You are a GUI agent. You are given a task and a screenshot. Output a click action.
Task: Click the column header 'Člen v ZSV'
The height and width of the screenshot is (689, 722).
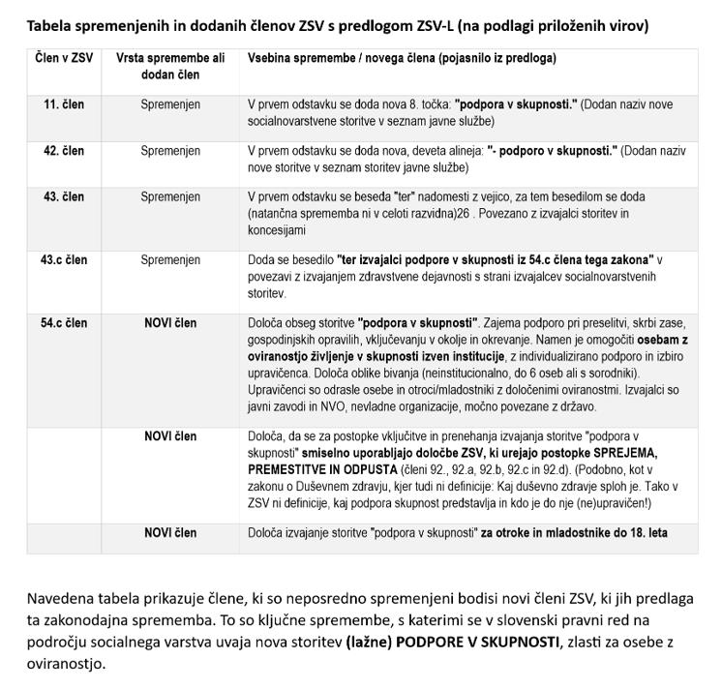[64, 58]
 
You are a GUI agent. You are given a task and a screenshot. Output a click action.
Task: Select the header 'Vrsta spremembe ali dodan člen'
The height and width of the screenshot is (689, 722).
[170, 66]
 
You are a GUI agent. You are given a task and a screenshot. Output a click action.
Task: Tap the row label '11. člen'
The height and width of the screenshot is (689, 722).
[64, 103]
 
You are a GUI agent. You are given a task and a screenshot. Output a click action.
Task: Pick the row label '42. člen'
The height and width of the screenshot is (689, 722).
[64, 151]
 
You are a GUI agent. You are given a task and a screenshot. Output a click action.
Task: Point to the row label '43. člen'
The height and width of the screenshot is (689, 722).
[64, 197]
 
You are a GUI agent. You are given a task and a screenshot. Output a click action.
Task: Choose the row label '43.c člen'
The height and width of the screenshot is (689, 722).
[64, 260]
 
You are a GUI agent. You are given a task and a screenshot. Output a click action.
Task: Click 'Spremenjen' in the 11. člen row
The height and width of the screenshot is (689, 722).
[170, 103]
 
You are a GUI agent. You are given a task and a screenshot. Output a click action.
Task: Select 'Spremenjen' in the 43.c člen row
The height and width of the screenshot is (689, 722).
[170, 260]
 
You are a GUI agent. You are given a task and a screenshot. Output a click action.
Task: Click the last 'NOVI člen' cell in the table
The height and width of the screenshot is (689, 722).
[170, 533]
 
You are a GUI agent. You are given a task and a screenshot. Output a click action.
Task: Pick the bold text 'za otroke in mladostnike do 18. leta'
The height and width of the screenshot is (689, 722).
[574, 533]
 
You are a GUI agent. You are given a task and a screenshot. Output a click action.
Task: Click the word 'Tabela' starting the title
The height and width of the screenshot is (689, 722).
[49, 25]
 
